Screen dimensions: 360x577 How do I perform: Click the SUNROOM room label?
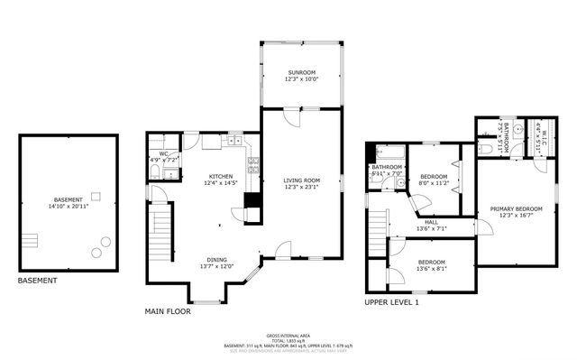pos(301,71)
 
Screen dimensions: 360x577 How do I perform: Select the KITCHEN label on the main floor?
pos(221,176)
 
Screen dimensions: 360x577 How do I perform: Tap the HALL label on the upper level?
pos(432,221)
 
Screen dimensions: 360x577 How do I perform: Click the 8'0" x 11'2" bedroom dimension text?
pos(433,183)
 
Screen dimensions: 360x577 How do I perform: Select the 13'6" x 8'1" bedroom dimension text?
pos(432,268)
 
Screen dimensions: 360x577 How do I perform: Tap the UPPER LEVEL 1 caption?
pos(391,302)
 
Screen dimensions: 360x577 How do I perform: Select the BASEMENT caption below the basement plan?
pos(37,281)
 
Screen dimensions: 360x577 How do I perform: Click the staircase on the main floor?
pos(160,235)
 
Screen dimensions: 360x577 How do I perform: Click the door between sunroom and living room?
pos(288,117)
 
